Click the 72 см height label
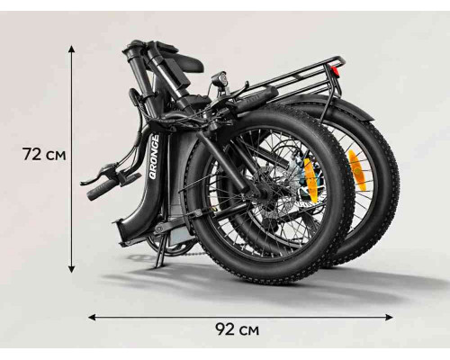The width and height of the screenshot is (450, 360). click(x=44, y=155)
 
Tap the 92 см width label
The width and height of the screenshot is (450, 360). click(x=237, y=329)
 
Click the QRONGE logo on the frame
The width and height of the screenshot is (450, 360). click(x=155, y=157)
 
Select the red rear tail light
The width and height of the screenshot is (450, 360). click(x=335, y=71)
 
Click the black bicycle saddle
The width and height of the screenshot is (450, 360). click(x=185, y=64)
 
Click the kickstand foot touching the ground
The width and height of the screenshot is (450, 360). click(x=158, y=264)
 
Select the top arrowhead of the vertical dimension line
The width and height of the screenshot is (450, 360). click(x=71, y=49)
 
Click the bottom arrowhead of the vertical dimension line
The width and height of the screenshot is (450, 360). click(x=71, y=269)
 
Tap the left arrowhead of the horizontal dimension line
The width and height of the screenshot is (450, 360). click(x=92, y=317)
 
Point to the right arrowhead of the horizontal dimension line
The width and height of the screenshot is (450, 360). click(x=389, y=317)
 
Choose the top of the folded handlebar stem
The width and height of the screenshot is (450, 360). click(x=133, y=48)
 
